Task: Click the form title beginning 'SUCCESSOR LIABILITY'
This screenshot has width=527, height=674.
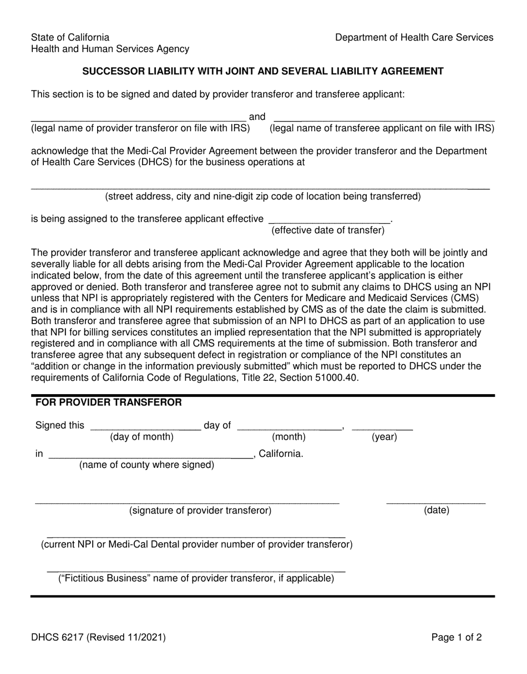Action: [x=263, y=71]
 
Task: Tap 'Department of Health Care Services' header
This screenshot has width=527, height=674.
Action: [x=414, y=37]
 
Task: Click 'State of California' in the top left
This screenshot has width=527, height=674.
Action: [x=70, y=37]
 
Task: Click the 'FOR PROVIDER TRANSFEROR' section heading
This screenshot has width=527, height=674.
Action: [x=108, y=402]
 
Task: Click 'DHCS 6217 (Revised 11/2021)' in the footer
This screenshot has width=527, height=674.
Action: [x=98, y=637]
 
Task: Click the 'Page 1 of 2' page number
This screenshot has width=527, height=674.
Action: [x=457, y=637]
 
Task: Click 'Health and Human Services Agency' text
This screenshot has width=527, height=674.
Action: [x=110, y=49]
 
